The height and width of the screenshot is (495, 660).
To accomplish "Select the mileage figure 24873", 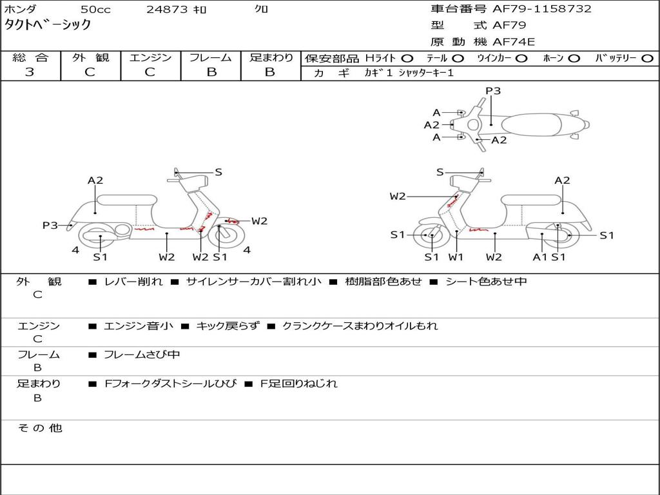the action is pyautogui.click(x=167, y=10).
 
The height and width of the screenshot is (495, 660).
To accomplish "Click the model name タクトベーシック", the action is pyautogui.click(x=48, y=26).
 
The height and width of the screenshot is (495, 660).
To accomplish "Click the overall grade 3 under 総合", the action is pyautogui.click(x=30, y=72).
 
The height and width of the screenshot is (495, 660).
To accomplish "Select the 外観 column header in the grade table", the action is pyautogui.click(x=90, y=58).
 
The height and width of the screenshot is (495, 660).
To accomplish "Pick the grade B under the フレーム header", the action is pyautogui.click(x=211, y=72).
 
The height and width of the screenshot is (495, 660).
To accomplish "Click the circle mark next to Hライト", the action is pyautogui.click(x=407, y=58).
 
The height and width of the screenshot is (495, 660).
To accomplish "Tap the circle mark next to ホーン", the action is pyautogui.click(x=574, y=58).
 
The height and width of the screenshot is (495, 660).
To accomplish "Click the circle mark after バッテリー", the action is pyautogui.click(x=647, y=58).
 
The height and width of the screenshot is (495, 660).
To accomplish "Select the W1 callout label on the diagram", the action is pyautogui.click(x=456, y=257).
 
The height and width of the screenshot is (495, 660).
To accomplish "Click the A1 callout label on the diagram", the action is pyautogui.click(x=540, y=257).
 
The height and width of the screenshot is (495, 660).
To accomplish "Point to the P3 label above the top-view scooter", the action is pyautogui.click(x=493, y=91).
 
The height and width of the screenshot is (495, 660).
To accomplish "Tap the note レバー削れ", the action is pyautogui.click(x=133, y=282).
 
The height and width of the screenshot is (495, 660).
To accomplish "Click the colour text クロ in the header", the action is pyautogui.click(x=261, y=9).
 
